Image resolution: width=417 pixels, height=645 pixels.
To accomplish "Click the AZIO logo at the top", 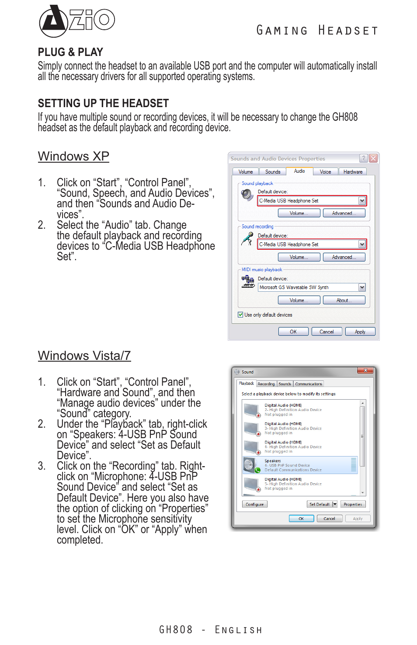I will (76, 21).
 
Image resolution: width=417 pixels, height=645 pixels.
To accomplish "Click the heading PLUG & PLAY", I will (70, 52).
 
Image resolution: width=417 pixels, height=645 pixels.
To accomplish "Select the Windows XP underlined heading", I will (73, 156).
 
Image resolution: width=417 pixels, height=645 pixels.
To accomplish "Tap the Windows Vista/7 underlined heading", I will (84, 356).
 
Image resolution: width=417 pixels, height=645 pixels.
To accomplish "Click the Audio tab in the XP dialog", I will (299, 171).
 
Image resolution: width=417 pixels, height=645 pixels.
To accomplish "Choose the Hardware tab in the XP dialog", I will (353, 172).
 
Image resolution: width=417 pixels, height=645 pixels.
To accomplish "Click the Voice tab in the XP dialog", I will (325, 172).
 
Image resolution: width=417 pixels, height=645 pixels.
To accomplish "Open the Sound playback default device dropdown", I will (362, 201).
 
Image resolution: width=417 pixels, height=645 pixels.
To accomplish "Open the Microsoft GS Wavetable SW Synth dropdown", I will (362, 287).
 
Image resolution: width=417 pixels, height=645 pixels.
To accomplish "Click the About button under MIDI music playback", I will (344, 300).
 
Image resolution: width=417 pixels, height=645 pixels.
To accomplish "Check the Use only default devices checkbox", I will (240, 314).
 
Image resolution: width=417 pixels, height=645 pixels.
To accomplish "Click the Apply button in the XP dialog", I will (360, 332).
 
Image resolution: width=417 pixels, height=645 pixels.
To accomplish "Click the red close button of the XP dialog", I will (373, 158).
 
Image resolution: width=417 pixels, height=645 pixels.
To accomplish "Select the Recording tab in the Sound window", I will (266, 384).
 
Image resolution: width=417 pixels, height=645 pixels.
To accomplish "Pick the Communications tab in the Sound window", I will (308, 384).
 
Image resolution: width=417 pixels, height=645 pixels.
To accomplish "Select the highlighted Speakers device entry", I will (300, 465).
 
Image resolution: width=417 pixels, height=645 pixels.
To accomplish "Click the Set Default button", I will (320, 504).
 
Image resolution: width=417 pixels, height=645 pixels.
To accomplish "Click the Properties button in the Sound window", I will (352, 504).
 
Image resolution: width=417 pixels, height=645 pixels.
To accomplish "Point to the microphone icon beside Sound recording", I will (247, 239).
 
